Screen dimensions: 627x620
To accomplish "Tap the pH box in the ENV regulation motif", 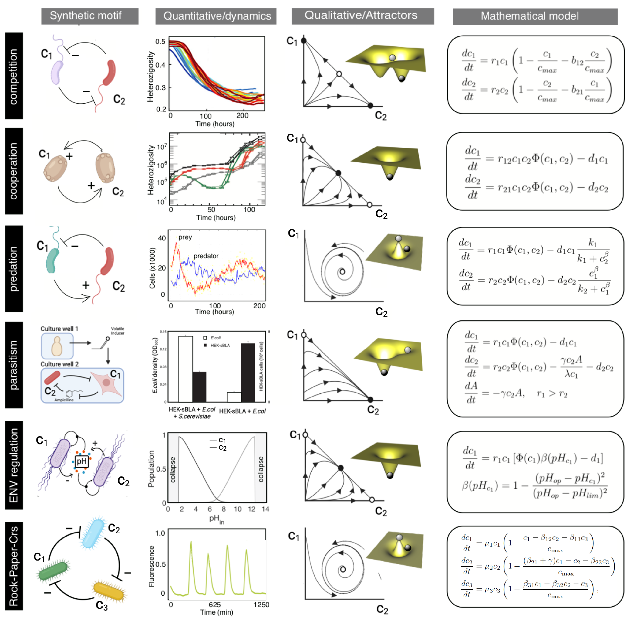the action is pos(81,461).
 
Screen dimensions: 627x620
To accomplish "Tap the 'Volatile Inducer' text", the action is pos(117,331).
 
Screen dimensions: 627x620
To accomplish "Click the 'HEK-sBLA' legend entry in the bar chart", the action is pos(220,345).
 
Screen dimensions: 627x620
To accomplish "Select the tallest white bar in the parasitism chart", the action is pos(185,369).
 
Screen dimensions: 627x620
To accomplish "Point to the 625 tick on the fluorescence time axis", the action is pos(214,604).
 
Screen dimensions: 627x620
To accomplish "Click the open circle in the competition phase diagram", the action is pos(339,74).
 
